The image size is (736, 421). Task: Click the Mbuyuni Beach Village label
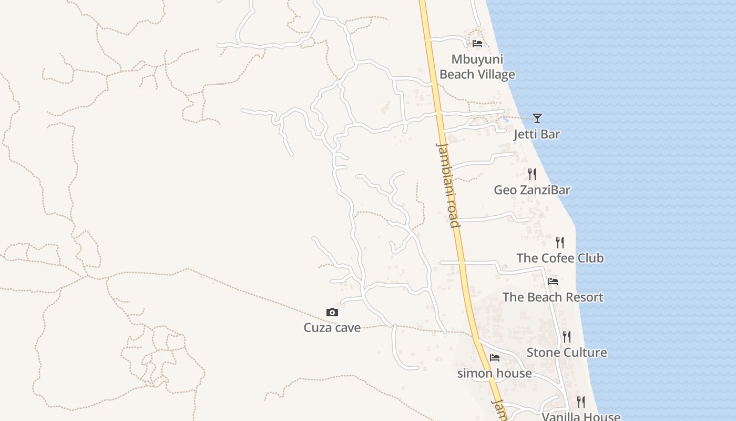point(477,67)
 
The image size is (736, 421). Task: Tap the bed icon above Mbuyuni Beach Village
point(477,44)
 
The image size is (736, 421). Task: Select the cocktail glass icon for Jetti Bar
point(537,118)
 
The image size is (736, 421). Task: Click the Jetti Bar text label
point(537,134)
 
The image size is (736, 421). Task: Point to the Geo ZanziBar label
point(531,190)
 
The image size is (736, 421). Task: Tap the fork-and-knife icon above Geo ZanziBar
point(532,174)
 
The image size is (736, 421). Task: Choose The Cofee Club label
point(560,258)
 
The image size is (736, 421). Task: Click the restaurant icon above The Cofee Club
point(560,243)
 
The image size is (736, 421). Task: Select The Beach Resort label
point(553,297)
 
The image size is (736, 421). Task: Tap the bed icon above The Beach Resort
point(553,282)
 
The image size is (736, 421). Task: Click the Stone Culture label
point(567,353)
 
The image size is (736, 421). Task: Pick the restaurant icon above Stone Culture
point(567,336)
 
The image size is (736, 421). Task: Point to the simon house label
point(494,374)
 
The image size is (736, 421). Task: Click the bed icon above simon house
point(495,358)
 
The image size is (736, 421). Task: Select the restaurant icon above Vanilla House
point(580,402)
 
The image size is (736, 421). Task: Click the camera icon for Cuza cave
point(332,313)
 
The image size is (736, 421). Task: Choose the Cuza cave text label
point(332,328)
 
